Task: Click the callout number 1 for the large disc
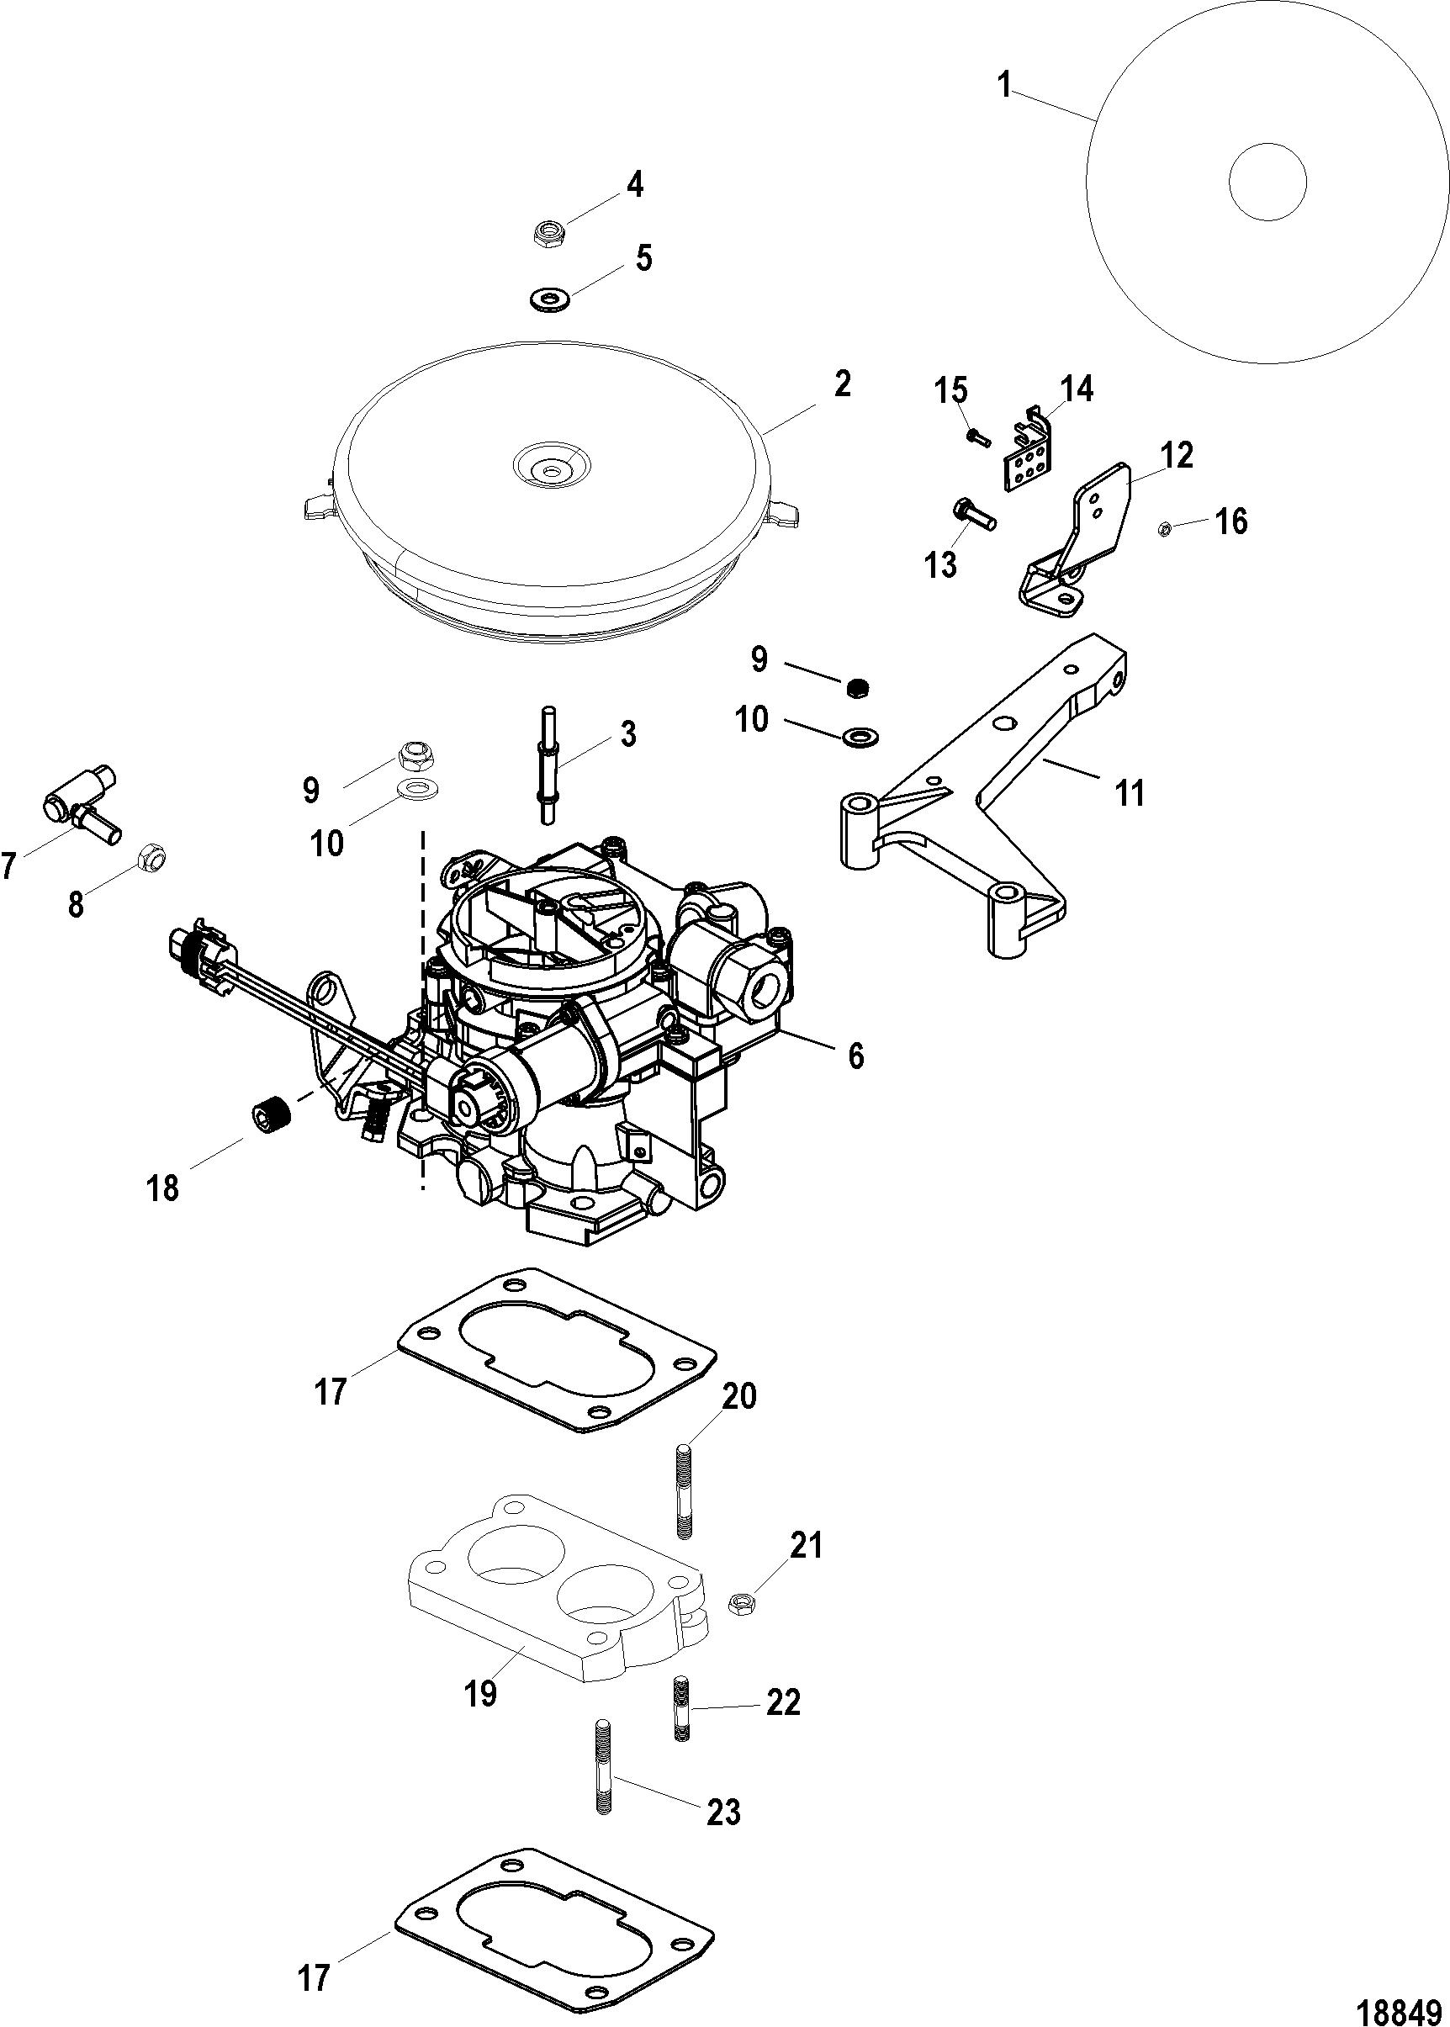tap(1005, 86)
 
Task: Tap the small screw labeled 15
tap(977, 437)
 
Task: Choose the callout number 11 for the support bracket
tap(1130, 792)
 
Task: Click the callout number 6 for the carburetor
tap(855, 1056)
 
